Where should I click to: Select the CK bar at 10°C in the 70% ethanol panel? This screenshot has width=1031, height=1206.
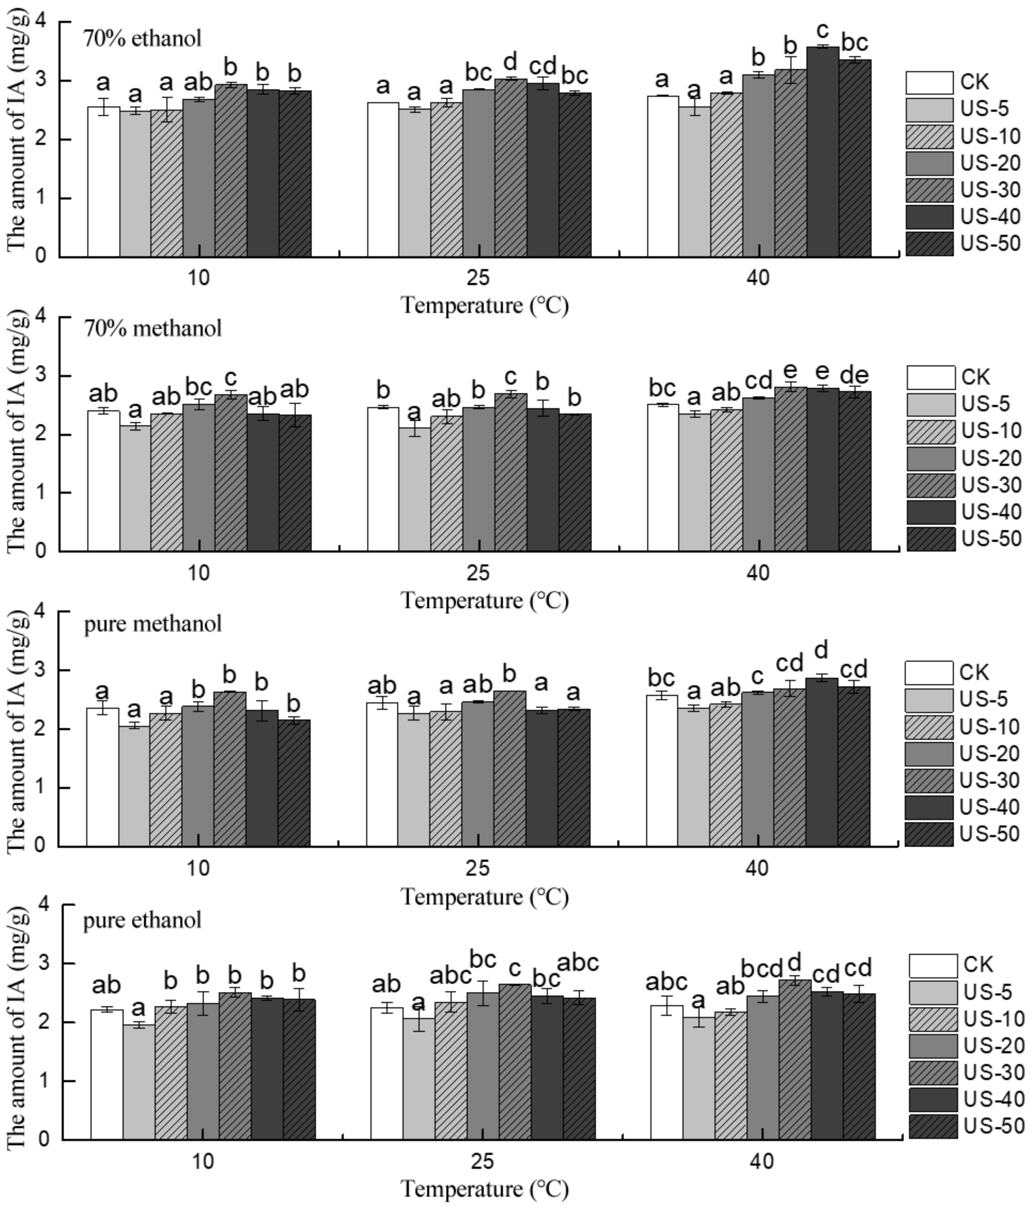coord(103,182)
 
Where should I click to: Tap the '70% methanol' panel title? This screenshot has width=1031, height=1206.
coord(153,329)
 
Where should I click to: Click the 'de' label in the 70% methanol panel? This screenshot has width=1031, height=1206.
coord(854,375)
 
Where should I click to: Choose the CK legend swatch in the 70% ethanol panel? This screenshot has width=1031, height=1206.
coord(929,83)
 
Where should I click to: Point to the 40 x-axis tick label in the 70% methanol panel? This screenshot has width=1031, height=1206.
coord(758,573)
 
